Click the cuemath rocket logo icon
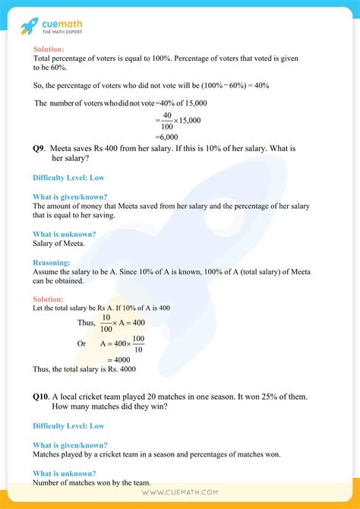tap(29, 27)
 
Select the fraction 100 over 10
tap(138, 343)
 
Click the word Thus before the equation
tap(87, 322)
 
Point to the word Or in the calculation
tap(82, 343)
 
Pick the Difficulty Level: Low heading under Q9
tap(68, 178)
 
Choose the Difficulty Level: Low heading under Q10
tap(68, 426)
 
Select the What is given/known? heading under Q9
tap(70, 197)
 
